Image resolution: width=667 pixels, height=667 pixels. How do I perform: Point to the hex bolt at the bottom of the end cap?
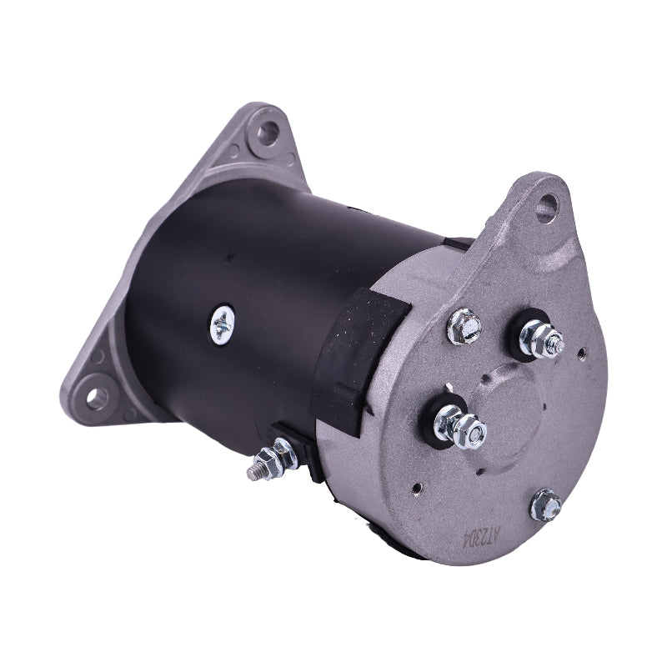click(x=546, y=504)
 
